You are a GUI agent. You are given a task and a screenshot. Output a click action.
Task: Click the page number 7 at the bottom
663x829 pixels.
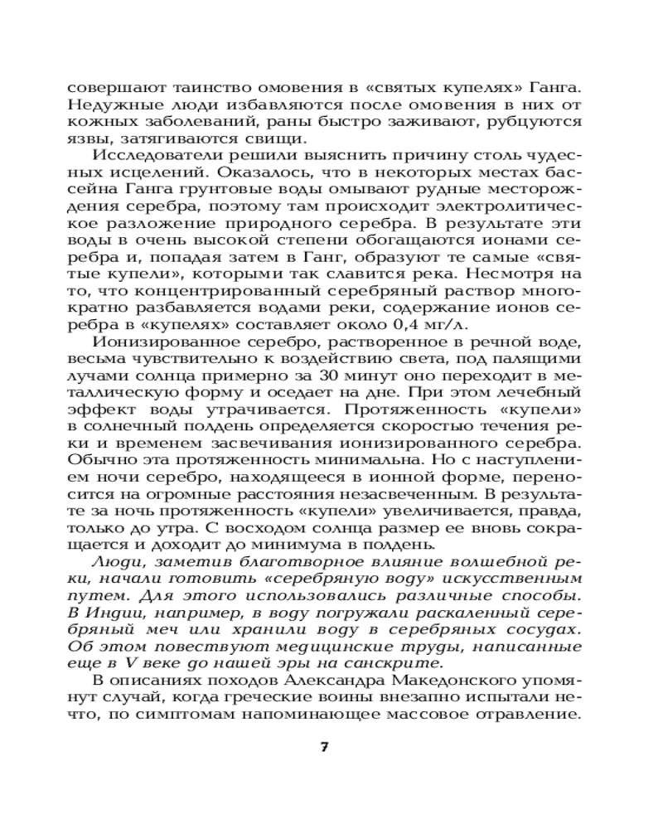(325, 747)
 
